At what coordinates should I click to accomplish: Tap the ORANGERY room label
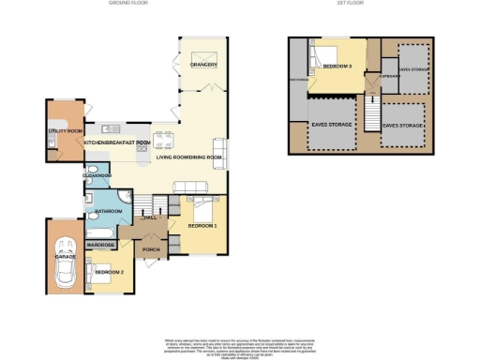[x=203, y=66]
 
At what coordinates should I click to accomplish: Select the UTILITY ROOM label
[x=65, y=131]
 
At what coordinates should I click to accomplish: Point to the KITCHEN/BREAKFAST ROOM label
[x=117, y=142]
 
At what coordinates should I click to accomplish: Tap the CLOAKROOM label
[x=97, y=175]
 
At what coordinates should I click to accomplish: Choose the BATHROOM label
[x=102, y=212]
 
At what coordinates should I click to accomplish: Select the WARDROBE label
[x=101, y=245]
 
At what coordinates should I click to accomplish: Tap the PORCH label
[x=150, y=250]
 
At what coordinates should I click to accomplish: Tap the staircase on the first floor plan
[x=370, y=116]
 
